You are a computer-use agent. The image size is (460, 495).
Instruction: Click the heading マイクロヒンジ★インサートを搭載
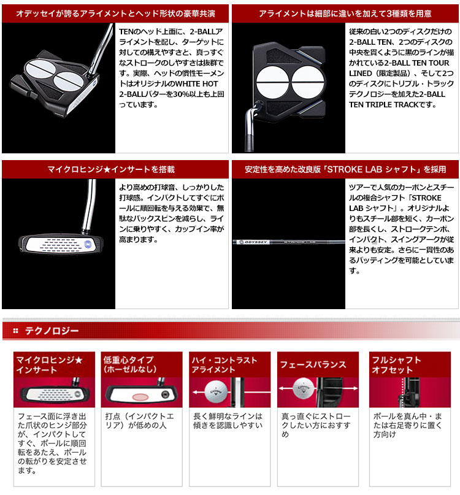coord(111,169)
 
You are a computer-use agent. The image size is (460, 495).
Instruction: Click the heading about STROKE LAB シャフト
coord(345,169)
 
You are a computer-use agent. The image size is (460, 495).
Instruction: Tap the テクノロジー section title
coord(52,331)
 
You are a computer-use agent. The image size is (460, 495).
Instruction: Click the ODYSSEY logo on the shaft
coord(253,242)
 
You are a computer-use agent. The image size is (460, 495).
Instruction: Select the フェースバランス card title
coord(313,364)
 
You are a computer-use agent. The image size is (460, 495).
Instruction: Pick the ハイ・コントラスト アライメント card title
coord(224,364)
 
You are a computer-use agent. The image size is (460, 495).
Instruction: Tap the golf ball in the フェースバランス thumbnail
coord(304,388)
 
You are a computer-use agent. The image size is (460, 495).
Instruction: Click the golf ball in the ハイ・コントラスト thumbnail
coord(216,392)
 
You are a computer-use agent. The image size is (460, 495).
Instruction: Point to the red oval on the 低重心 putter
coord(140,396)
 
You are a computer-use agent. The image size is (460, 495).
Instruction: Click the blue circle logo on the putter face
coord(88,244)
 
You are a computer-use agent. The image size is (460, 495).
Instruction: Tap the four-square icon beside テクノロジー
coord(15,331)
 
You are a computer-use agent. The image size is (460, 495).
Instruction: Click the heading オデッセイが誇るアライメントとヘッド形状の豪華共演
coord(115,13)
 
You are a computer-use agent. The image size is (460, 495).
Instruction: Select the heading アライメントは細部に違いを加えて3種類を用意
coord(345,13)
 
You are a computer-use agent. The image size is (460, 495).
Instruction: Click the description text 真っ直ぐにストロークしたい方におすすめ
coord(316,425)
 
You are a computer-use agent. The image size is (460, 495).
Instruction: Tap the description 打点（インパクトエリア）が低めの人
coord(140,421)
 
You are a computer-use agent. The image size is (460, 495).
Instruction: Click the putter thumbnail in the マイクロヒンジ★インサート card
coord(54,392)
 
